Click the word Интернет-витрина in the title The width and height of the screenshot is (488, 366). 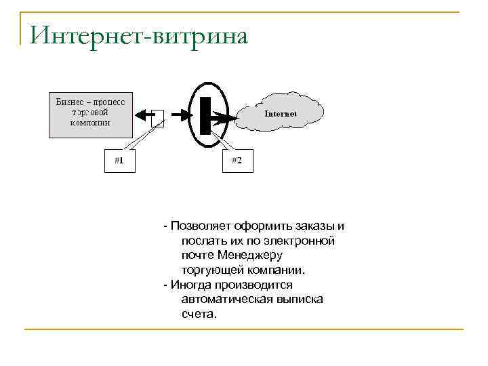coord(138,35)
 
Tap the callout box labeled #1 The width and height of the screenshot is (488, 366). coord(119,161)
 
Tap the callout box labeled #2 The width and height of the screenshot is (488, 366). coord(237,161)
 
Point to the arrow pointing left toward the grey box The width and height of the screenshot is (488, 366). coord(144,115)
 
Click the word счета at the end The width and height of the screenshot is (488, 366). coord(197,314)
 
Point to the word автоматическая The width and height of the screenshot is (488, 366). coord(226,300)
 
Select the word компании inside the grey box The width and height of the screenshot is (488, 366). coord(91,123)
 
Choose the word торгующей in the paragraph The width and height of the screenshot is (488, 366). coord(209,270)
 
